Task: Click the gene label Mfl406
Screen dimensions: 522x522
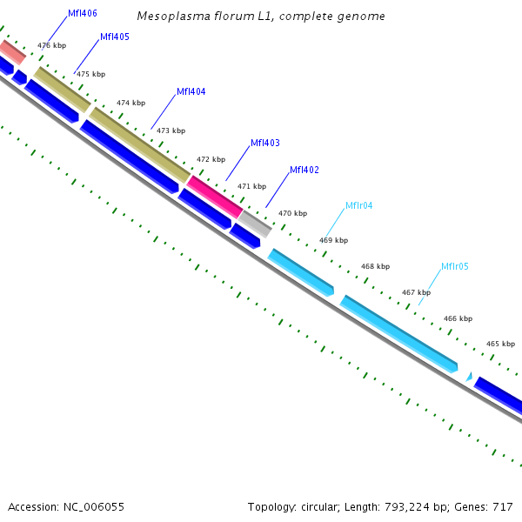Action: tap(82, 13)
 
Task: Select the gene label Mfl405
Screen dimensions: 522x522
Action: tap(115, 37)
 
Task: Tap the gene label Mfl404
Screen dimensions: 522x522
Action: tap(191, 91)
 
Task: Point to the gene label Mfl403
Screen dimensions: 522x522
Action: tap(264, 143)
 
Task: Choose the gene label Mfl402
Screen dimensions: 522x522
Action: tap(304, 170)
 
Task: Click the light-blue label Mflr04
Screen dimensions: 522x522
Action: tap(358, 205)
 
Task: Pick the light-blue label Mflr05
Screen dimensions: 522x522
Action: tap(454, 266)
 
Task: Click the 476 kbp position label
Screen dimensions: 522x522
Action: tap(51, 45)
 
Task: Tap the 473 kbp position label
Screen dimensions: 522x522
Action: tap(171, 130)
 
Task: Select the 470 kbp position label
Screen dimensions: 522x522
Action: tap(292, 213)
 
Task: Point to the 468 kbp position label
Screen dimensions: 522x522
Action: tap(375, 266)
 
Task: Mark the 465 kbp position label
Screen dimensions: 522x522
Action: tap(500, 345)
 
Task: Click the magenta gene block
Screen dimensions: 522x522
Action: tap(215, 196)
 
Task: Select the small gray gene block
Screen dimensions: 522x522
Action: tap(257, 222)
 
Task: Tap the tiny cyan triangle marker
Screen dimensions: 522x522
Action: tap(469, 377)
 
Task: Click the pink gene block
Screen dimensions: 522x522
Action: tap(11, 50)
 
